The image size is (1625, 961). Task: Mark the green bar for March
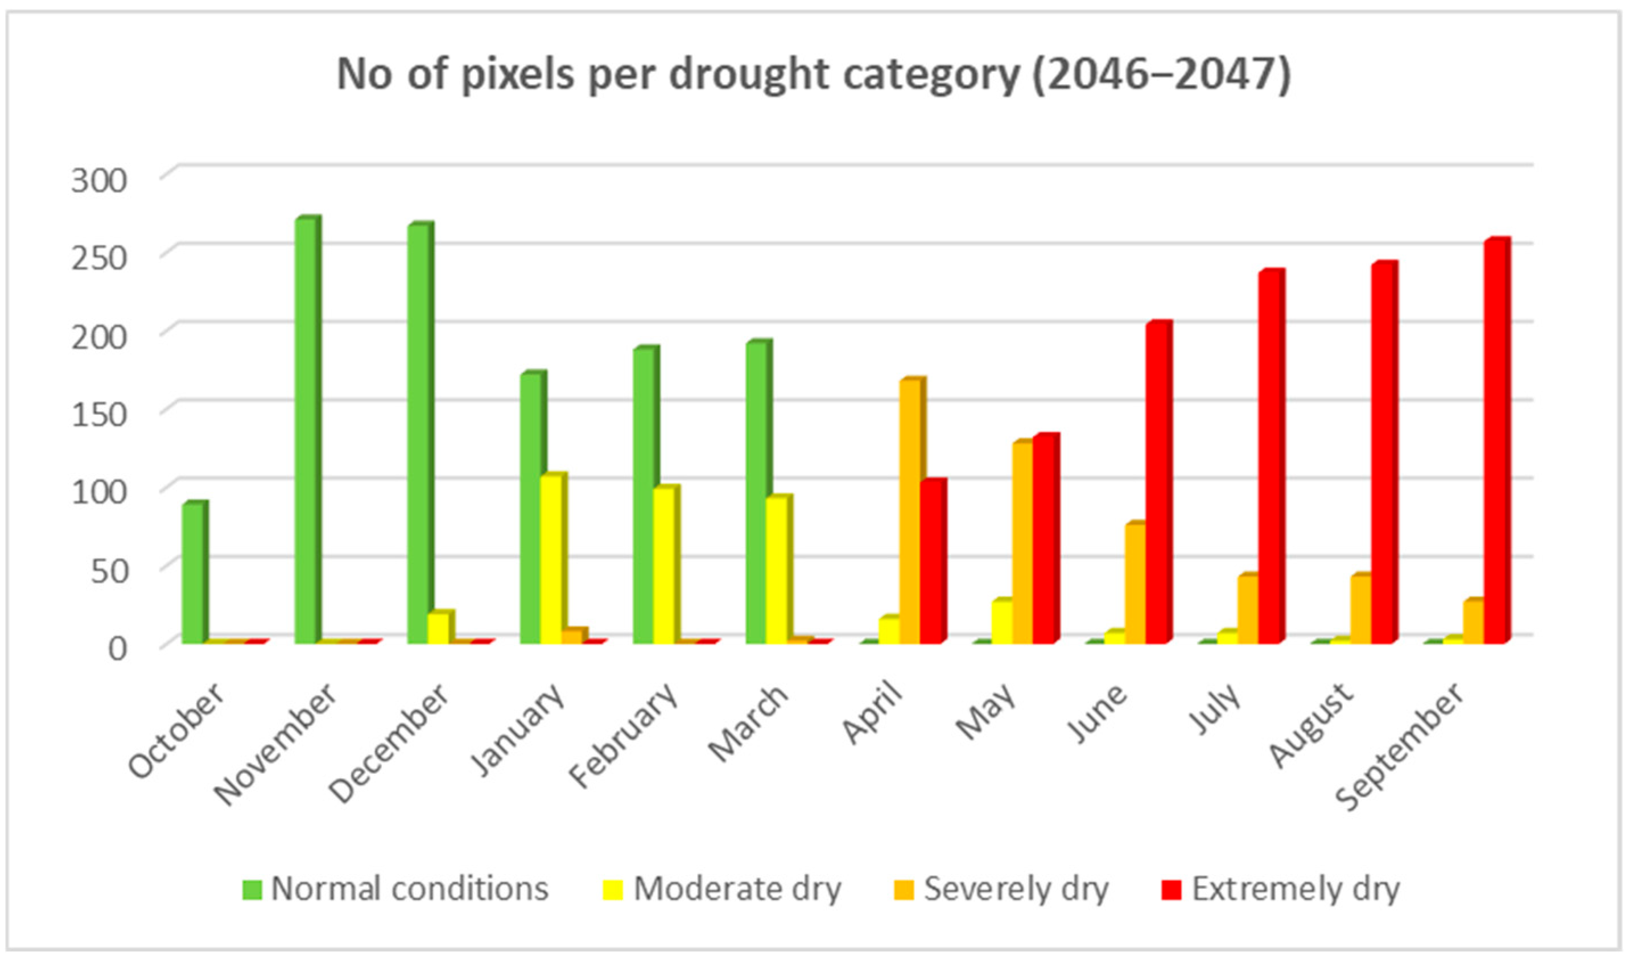click(x=757, y=492)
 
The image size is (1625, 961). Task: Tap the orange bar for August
click(x=1359, y=609)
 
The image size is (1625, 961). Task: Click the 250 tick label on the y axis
click(x=99, y=258)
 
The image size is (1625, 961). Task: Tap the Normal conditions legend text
click(x=409, y=889)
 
